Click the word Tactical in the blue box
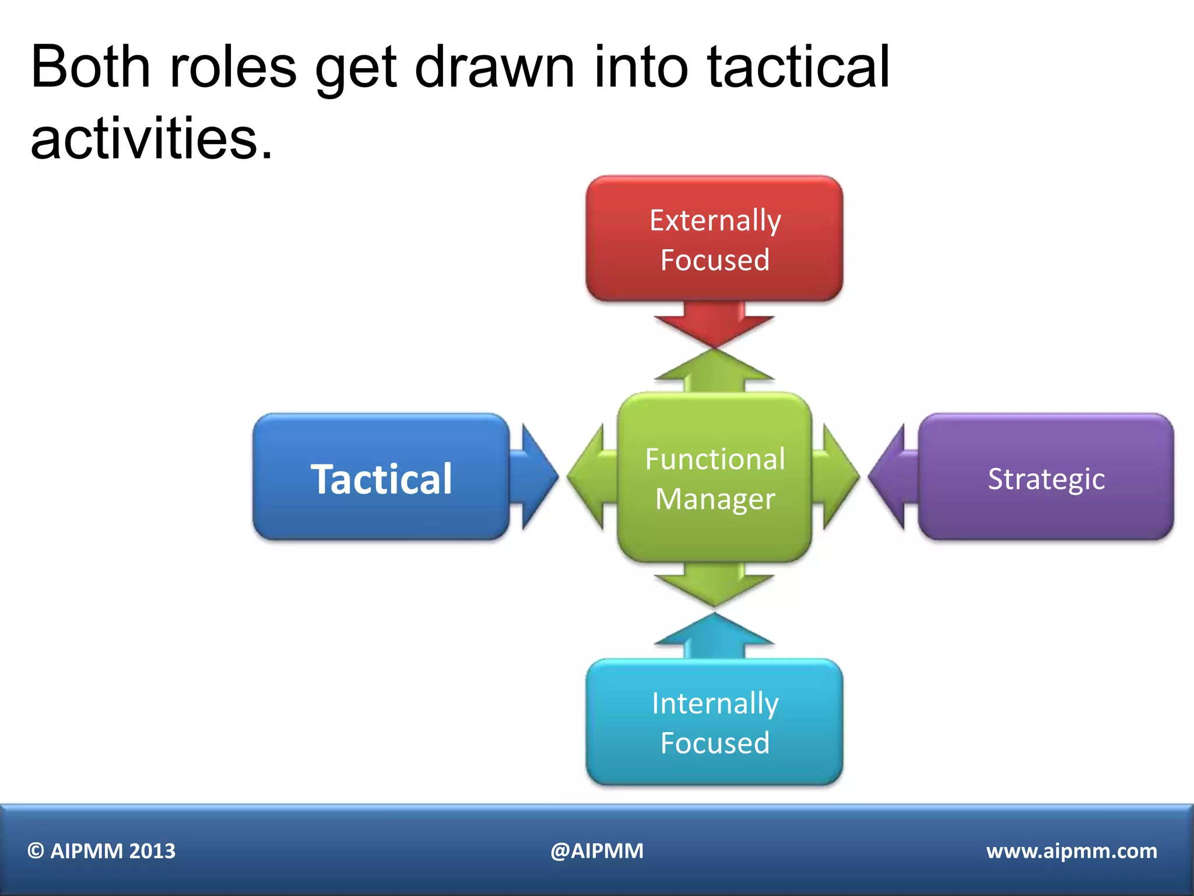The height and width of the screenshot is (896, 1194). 381,479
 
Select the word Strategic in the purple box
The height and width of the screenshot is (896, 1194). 1046,479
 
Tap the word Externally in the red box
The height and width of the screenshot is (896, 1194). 715,220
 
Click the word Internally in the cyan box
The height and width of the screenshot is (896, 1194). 715,703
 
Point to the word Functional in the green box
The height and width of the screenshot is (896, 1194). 715,459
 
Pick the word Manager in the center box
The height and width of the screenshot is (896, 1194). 715,499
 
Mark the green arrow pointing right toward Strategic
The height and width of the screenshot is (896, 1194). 837,477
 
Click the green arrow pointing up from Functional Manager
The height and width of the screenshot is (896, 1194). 714,371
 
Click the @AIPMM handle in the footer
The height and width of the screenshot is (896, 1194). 597,851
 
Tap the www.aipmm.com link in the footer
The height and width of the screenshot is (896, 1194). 1072,851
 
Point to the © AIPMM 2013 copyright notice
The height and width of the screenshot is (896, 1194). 101,851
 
